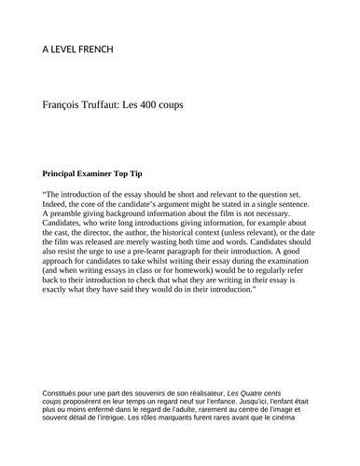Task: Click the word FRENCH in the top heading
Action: click(94, 48)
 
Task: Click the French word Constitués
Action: click(64, 395)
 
